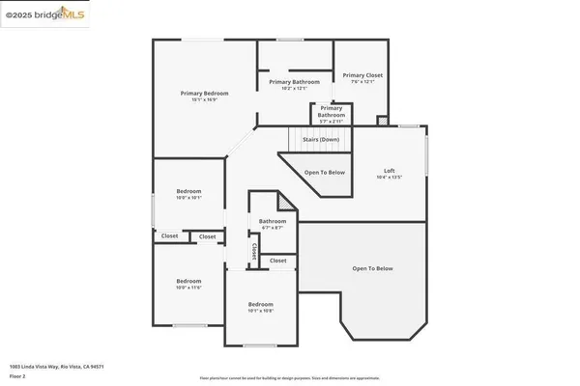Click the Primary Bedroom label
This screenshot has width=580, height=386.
point(196,93)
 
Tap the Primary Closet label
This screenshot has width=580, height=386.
point(362,74)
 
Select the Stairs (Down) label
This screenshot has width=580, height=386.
point(321,140)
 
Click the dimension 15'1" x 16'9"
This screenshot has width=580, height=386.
point(196,99)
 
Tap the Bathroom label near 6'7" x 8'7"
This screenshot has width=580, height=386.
point(272,221)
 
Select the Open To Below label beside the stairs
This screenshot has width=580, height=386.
point(325,172)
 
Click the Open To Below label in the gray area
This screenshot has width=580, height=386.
point(373,268)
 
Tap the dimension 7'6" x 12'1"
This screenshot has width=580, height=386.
point(362,81)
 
